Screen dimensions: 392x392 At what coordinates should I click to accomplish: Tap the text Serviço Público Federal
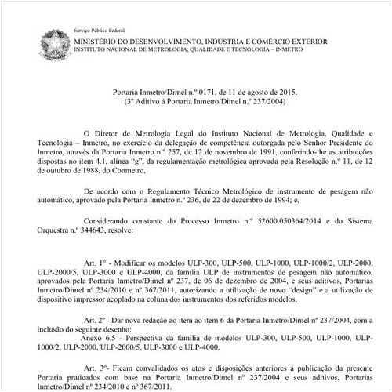click(101, 27)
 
